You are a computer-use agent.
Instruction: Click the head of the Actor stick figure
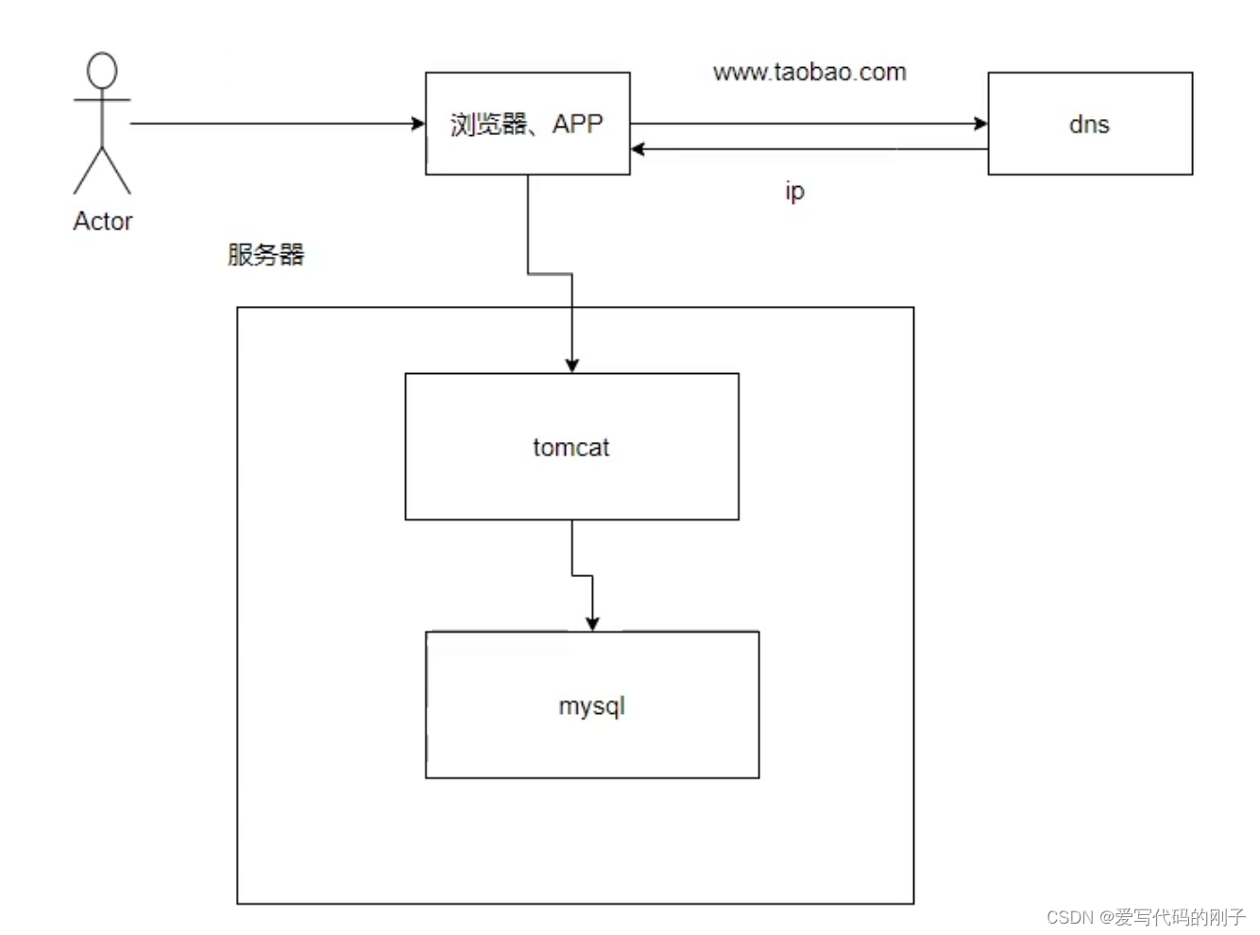102,71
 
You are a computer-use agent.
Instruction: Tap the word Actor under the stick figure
103,221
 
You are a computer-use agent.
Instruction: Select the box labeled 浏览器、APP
527,151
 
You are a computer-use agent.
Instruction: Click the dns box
1090,151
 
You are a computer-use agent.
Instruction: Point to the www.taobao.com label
809,73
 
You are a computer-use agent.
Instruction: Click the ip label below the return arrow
794,191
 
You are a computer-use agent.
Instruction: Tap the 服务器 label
265,254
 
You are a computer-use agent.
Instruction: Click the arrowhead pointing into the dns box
981,123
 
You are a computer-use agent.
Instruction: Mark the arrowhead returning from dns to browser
638,148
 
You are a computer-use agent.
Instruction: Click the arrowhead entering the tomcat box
571,365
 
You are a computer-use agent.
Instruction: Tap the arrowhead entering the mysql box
592,623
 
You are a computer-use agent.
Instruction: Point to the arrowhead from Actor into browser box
418,123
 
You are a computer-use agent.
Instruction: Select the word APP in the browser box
577,124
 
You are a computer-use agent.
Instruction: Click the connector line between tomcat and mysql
572,548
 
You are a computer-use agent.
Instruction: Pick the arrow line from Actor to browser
274,123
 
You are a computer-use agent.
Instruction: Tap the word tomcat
570,447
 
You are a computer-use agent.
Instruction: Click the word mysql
592,706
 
